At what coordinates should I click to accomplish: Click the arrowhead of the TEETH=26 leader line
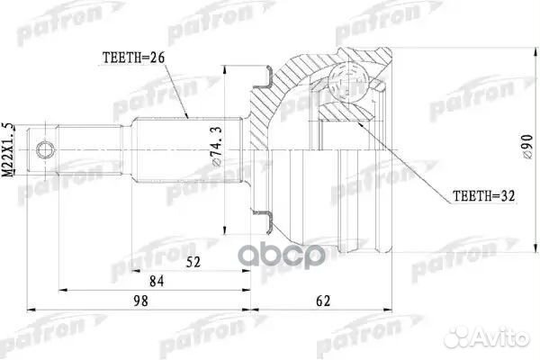pos(187,118)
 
